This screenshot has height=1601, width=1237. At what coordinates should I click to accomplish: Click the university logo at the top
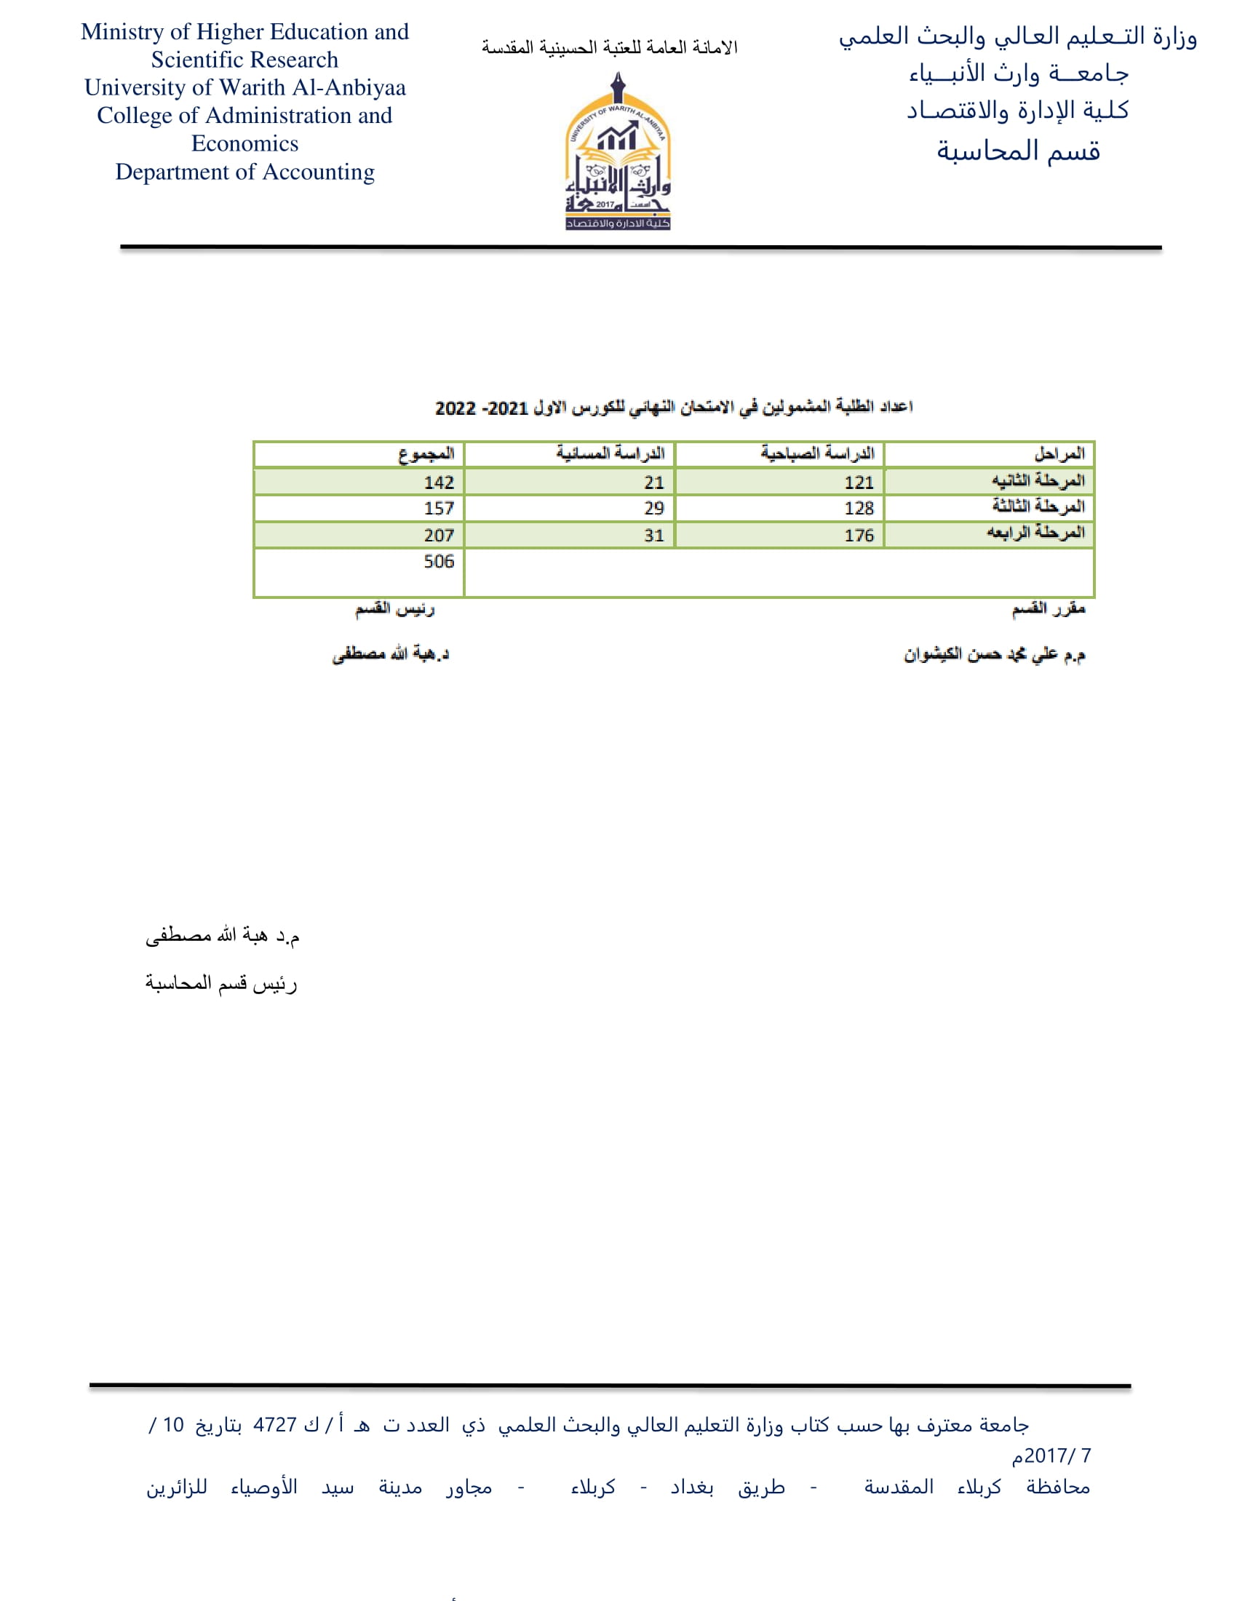pos(618,153)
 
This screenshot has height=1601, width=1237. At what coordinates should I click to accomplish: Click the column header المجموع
pos(426,455)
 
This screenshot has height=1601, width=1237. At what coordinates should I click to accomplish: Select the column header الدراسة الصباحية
pos(817,454)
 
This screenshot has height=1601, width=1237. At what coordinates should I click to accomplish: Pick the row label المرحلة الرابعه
pos(1035,533)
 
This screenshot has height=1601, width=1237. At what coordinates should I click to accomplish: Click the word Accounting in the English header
pos(318,172)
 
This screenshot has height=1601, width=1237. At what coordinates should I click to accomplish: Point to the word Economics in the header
pos(244,143)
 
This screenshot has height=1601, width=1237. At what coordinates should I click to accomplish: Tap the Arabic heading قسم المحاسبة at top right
pos(1018,152)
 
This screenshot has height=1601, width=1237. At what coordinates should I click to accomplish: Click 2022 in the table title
pos(456,408)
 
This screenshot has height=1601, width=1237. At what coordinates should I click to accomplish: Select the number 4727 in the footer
pos(275,1425)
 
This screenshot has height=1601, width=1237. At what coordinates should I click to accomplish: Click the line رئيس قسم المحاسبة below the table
pos(220,983)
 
